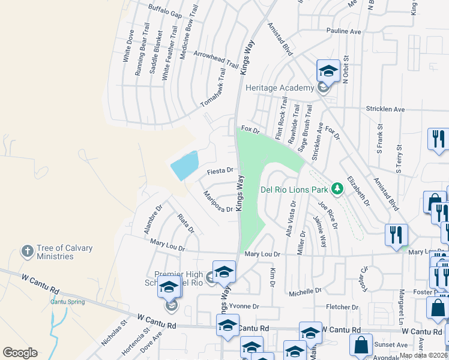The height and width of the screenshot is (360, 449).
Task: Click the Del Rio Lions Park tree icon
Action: (x=337, y=190)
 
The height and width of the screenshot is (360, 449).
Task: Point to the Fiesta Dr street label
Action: (x=220, y=171)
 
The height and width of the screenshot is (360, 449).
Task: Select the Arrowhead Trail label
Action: (x=217, y=58)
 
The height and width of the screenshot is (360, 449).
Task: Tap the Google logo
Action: (x=20, y=352)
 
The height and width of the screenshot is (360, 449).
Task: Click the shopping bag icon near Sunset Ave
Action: (x=361, y=346)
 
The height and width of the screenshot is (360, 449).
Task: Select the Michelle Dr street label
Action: (x=305, y=292)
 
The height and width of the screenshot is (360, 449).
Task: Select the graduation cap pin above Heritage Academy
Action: (x=328, y=71)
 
